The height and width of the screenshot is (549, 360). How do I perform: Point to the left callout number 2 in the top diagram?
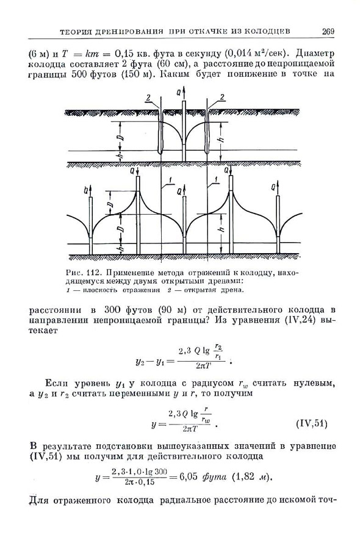pos(148,98)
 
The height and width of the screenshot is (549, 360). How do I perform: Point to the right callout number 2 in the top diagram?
pos(223,98)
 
